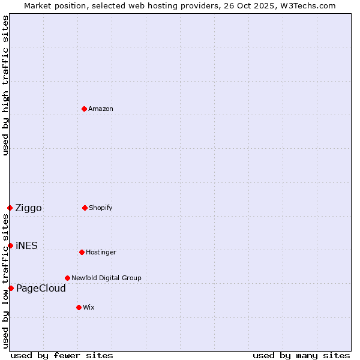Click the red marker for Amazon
[85, 109]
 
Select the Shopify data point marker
[85, 208]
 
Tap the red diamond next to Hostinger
[82, 252]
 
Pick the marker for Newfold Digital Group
[67, 278]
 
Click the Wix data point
[79, 307]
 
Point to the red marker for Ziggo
[10, 208]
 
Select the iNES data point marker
[10, 245]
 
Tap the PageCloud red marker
[11, 288]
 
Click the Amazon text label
[101, 109]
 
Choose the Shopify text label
[101, 208]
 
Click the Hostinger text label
[101, 252]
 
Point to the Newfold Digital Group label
[106, 278]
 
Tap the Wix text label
[89, 307]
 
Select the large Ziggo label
[28, 208]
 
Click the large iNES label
[26, 245]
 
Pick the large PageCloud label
[41, 289]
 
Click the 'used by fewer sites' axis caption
[62, 355]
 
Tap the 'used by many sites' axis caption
[301, 355]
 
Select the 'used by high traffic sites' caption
[5, 85]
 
